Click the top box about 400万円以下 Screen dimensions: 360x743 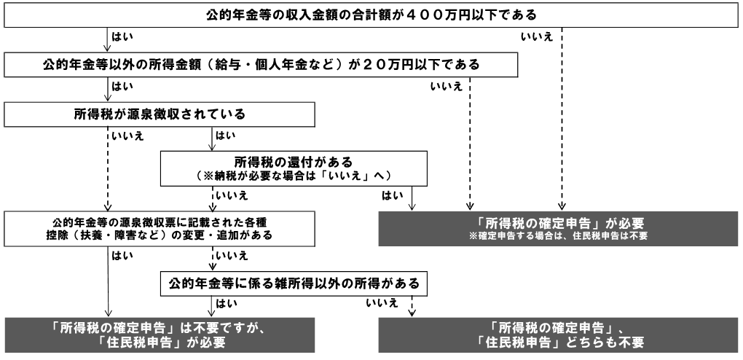coord(371,15)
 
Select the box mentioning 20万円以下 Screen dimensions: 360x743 coord(262,65)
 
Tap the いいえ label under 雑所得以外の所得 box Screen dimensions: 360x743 coord(383,301)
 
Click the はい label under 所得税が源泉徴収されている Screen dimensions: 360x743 coord(224,136)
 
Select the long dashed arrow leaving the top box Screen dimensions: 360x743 coord(562,117)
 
